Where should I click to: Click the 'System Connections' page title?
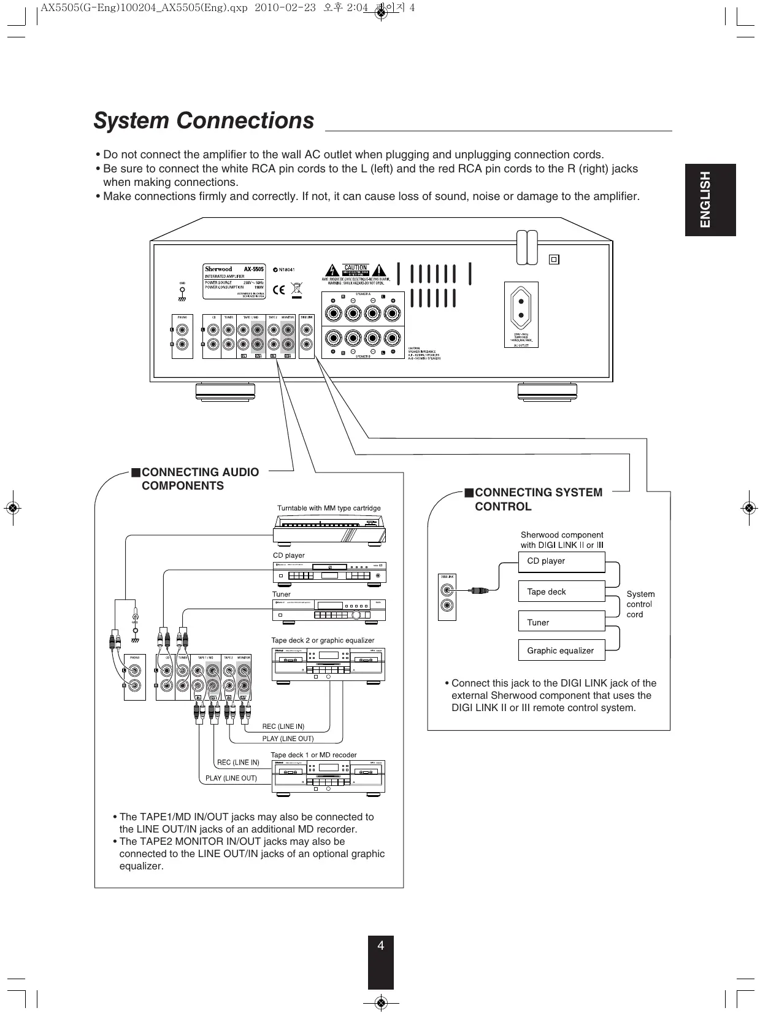pos(204,121)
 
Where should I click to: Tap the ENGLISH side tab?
pos(710,199)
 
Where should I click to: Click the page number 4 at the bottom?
pos(380,945)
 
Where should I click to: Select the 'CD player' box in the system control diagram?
pos(561,561)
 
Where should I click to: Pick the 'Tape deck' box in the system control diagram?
pos(561,591)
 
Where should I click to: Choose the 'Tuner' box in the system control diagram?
pos(561,622)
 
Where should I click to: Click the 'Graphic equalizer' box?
pos(561,650)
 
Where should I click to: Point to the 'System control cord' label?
pos(640,604)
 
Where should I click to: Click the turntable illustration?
pos(329,529)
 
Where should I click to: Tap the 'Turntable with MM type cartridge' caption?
pos(329,508)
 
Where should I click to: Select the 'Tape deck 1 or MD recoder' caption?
pos(313,755)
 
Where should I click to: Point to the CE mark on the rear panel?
pos(279,289)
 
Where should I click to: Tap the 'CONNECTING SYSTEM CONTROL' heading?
pos(538,499)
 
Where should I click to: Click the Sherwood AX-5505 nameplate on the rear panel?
pos(234,281)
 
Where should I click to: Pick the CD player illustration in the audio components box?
pos(329,574)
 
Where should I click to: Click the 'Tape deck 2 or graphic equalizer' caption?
pos(323,640)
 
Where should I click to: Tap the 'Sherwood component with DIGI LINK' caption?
pos(562,540)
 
